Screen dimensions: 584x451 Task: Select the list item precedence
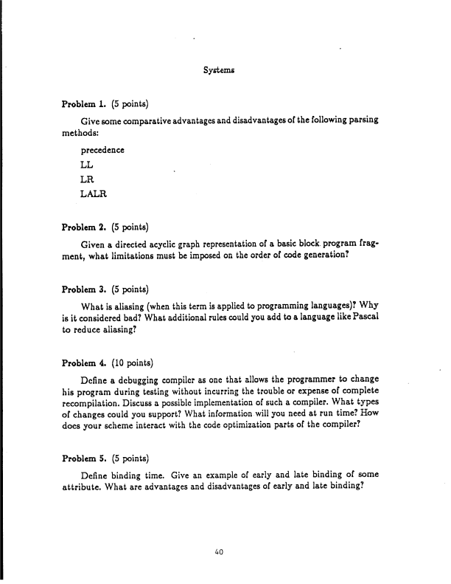point(102,151)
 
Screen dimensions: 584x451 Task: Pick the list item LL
point(87,165)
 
